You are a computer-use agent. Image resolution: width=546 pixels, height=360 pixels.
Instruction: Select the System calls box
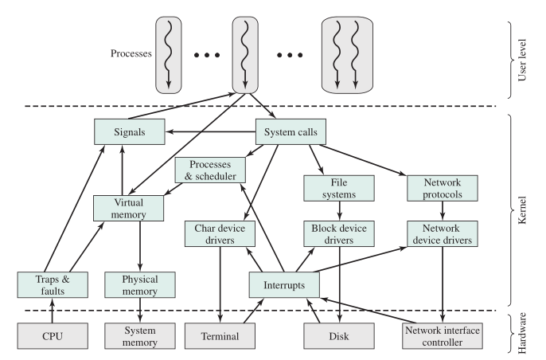point(291,132)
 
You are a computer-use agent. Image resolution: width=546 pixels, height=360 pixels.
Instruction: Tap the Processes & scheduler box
point(209,170)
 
